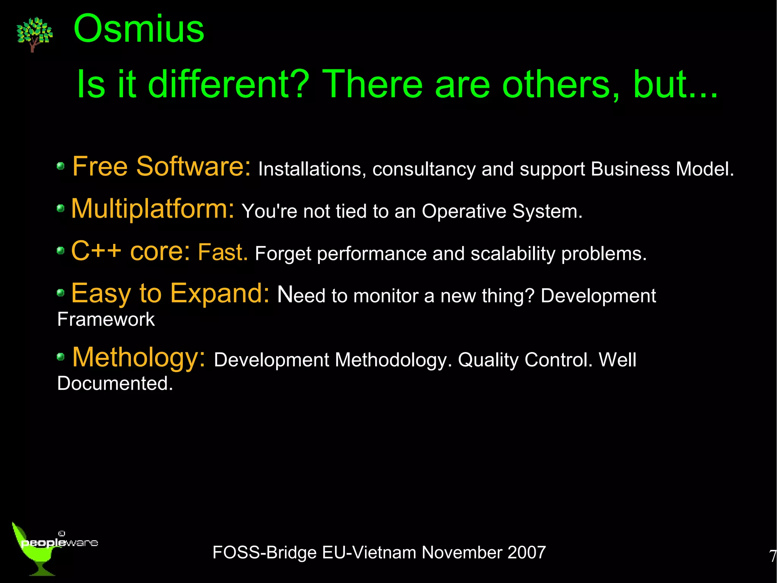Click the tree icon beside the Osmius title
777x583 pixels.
34,34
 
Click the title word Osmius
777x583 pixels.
139,29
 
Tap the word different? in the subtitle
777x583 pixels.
228,84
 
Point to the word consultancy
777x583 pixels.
424,169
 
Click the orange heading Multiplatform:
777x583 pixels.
153,209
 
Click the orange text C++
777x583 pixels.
96,251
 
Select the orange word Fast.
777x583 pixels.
223,252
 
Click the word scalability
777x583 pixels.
513,254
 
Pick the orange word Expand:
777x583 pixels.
220,294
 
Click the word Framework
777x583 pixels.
106,319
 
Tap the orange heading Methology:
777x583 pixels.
138,357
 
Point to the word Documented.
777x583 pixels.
115,384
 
